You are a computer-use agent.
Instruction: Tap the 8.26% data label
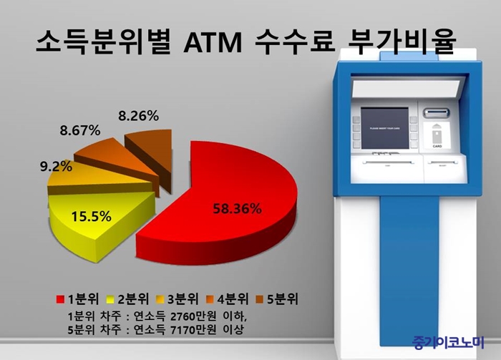pyautogui.click(x=138, y=116)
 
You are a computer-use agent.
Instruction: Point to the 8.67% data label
pyautogui.click(x=80, y=130)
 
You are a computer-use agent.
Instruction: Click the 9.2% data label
pyautogui.click(x=56, y=166)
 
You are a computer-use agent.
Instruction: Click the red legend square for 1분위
pyautogui.click(x=60, y=299)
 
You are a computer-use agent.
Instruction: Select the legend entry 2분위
pyautogui.click(x=128, y=299)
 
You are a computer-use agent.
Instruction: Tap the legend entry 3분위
pyautogui.click(x=177, y=299)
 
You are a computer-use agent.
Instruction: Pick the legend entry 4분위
pyautogui.click(x=227, y=299)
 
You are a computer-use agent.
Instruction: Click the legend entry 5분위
pyautogui.click(x=277, y=299)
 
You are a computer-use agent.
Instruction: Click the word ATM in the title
pyautogui.click(x=213, y=42)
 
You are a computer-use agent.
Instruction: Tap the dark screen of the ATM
pyautogui.click(x=385, y=128)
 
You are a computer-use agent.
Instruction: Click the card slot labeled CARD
pyautogui.click(x=437, y=135)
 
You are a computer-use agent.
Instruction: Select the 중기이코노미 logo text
pyautogui.click(x=448, y=342)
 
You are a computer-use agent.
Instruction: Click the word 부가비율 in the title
pyautogui.click(x=401, y=42)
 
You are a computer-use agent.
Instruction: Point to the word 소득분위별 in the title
pyautogui.click(x=102, y=42)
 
